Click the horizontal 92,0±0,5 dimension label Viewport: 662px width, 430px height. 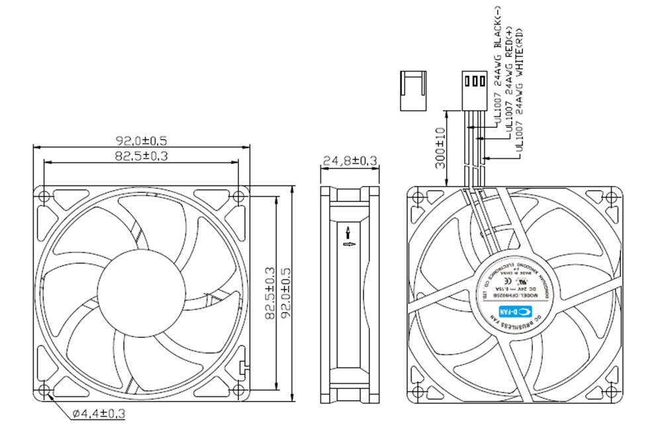[x=141, y=140]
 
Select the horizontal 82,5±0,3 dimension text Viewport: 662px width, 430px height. [x=141, y=156]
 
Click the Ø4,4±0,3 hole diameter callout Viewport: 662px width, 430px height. [x=99, y=414]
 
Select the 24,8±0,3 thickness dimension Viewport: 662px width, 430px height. [x=350, y=160]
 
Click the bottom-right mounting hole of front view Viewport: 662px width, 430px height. [x=238, y=390]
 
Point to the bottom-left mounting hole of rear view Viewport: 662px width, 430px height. [x=418, y=390]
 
